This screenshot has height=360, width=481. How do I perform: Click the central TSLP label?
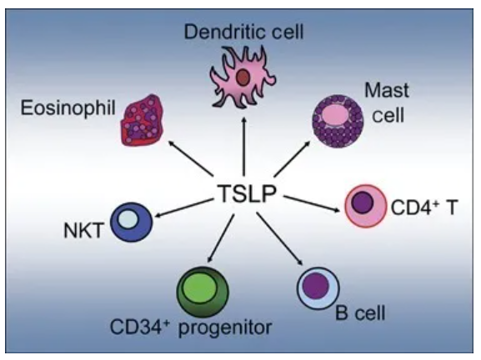click(x=247, y=194)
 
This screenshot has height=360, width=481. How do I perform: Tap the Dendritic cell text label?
click(x=244, y=32)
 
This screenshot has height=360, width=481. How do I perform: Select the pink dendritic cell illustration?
click(x=243, y=78)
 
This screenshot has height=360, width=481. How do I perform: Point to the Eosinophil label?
click(x=68, y=108)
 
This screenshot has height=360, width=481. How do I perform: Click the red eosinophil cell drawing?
click(x=142, y=120)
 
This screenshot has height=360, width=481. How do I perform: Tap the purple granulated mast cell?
click(x=338, y=121)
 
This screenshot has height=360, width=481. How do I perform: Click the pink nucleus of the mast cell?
click(x=335, y=114)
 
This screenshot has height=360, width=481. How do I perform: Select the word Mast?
click(x=387, y=91)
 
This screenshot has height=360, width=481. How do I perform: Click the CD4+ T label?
click(x=424, y=207)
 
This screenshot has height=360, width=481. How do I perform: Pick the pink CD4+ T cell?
click(x=366, y=206)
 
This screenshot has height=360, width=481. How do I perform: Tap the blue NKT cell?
click(x=131, y=222)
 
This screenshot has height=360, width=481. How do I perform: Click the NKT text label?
click(x=83, y=231)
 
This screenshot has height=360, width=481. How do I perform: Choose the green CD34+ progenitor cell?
click(x=203, y=292)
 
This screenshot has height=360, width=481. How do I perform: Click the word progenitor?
click(x=225, y=328)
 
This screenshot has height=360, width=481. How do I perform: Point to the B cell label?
click(x=360, y=312)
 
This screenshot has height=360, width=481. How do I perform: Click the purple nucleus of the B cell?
click(x=316, y=286)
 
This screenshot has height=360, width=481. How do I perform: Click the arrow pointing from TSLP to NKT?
click(x=184, y=207)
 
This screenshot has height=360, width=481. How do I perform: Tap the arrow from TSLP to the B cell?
click(x=280, y=238)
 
